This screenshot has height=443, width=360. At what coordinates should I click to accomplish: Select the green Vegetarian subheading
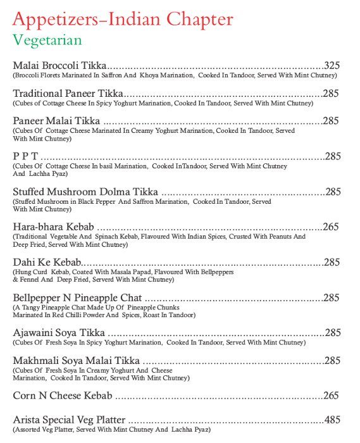pyautogui.click(x=47, y=41)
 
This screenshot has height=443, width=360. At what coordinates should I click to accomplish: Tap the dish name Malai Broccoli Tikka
pyautogui.click(x=59, y=65)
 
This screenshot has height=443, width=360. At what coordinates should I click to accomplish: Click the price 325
pyautogui.click(x=332, y=65)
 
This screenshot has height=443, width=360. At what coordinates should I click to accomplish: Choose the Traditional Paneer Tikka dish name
pyautogui.click(x=68, y=93)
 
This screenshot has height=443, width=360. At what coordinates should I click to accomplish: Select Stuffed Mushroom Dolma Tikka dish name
pyautogui.click(x=85, y=191)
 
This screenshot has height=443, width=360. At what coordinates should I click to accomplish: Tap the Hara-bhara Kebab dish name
pyautogui.click(x=53, y=226)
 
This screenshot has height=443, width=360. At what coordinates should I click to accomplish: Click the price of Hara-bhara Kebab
pyautogui.click(x=331, y=226)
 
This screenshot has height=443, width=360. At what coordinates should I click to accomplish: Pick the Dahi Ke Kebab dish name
pyautogui.click(x=47, y=262)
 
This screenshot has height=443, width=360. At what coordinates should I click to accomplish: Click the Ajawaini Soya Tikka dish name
pyautogui.click(x=59, y=332)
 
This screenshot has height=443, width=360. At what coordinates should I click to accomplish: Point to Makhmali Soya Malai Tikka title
pyautogui.click(x=76, y=361)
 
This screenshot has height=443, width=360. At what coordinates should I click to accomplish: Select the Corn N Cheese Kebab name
pyautogui.click(x=63, y=396)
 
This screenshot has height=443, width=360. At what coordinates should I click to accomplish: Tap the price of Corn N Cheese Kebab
pyautogui.click(x=331, y=396)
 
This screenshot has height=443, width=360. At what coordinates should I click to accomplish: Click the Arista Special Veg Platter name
pyautogui.click(x=69, y=420)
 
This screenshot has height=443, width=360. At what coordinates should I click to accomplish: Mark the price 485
pyautogui.click(x=332, y=420)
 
